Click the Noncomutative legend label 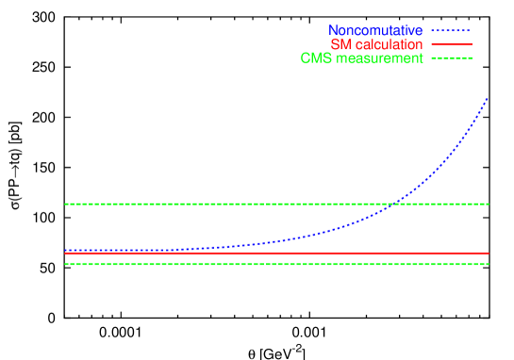pos(375,31)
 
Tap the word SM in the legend pos(340,45)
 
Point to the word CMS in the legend pos(315,58)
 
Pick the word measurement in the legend pos(377,58)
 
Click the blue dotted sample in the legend pos(451,31)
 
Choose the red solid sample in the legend pos(451,45)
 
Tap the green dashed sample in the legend pos(451,58)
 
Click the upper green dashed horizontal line pos(236,204)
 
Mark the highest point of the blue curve pos(489,97)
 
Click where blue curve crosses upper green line pos(397,204)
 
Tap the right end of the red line pos(489,253)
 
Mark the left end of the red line pos(65,253)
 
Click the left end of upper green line pos(65,204)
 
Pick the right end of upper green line pos(489,204)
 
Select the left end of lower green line pos(65,264)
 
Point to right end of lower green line pos(489,264)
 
